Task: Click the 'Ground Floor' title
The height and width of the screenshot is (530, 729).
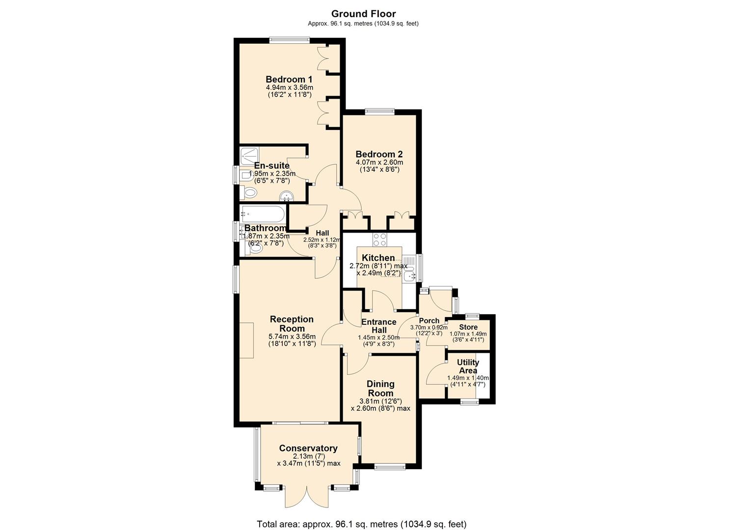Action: click(363, 14)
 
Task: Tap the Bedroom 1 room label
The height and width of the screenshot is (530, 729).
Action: click(289, 79)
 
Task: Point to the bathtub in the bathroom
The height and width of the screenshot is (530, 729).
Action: click(262, 214)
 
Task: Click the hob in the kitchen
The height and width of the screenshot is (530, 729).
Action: click(379, 239)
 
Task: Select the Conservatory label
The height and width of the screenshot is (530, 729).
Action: click(308, 448)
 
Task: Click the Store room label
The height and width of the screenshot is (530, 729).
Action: click(468, 327)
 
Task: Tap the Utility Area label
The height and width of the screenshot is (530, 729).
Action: click(468, 366)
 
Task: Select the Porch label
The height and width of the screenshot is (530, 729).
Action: click(429, 321)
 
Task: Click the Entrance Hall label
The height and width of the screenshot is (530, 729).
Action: click(378, 326)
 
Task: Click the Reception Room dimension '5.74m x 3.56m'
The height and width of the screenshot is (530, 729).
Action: click(292, 337)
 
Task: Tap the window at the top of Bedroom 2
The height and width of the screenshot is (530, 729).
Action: click(379, 111)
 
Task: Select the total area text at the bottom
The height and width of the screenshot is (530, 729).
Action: click(362, 524)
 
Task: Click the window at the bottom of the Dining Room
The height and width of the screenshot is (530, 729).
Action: click(390, 467)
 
